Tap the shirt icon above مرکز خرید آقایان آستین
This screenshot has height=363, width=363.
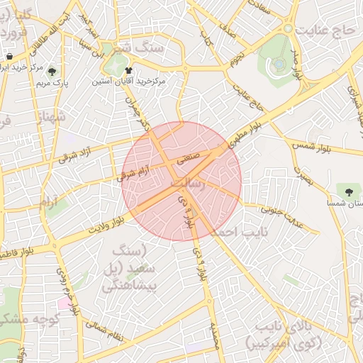point(128,70)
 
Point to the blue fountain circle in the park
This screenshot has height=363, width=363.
point(279,64)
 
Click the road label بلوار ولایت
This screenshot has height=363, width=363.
point(106,224)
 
